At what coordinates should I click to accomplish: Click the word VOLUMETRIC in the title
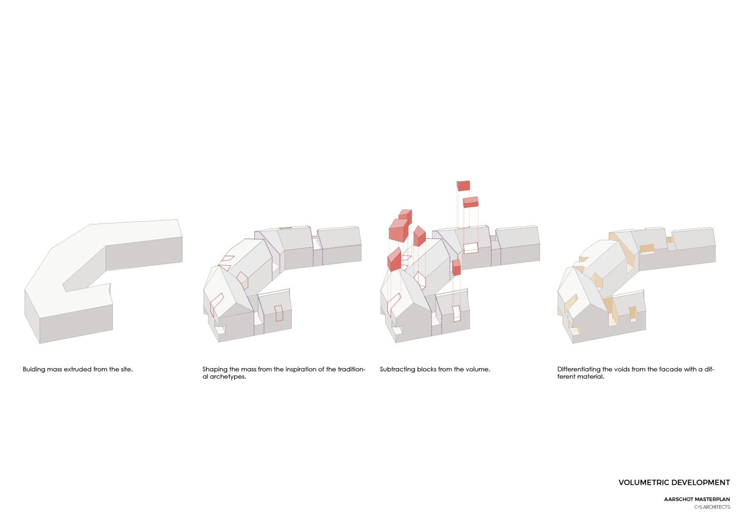(644, 483)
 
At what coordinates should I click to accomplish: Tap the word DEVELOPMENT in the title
(701, 483)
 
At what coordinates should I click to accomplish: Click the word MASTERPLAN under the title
(711, 499)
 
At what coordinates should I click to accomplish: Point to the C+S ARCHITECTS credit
(712, 507)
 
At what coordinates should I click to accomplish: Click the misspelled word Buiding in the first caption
(34, 369)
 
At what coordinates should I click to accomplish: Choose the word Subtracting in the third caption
(397, 369)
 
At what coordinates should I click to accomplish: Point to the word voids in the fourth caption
(622, 369)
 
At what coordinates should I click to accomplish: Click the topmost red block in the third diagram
(463, 186)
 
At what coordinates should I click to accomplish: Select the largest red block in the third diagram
(398, 231)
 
